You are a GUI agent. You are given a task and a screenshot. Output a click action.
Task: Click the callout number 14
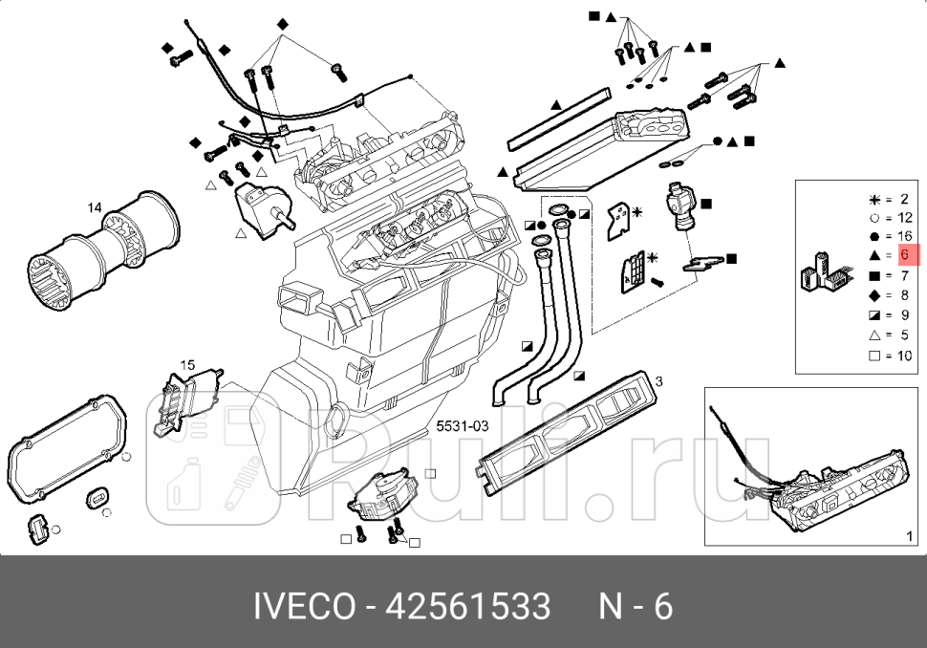click(x=95, y=207)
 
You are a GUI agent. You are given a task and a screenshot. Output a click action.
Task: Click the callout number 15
click(x=187, y=365)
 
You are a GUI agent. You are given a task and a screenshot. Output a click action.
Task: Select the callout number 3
click(x=658, y=380)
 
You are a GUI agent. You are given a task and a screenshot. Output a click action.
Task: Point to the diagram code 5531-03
click(x=463, y=426)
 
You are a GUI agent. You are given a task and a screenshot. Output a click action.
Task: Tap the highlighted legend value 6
click(x=904, y=255)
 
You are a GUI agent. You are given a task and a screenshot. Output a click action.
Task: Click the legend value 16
click(x=904, y=236)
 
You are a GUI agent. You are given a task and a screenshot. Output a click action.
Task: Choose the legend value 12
click(x=904, y=218)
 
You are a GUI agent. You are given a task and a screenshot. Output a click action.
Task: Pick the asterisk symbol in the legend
click(x=873, y=199)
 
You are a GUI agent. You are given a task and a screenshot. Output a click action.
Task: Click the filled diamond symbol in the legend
click(x=873, y=295)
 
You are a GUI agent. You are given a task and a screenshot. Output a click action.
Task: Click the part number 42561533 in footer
click(x=467, y=607)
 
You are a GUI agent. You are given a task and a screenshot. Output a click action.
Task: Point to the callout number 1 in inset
click(x=908, y=536)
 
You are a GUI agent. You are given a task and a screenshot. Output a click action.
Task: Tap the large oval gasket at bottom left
click(x=67, y=449)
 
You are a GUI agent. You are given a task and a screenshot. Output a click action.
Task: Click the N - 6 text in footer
click(x=636, y=607)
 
